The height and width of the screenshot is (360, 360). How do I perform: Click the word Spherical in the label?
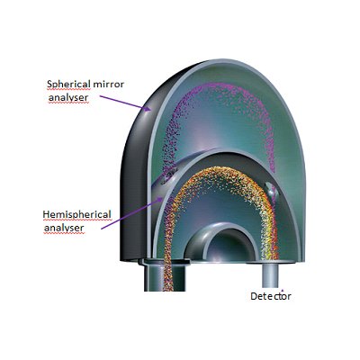click(68, 85)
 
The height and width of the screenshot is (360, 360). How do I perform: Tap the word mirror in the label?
click(109, 85)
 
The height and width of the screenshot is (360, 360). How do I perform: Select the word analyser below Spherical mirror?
click(68, 98)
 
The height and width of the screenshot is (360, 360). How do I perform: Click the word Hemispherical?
click(76, 214)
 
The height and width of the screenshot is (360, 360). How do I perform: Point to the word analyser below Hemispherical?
click(64, 228)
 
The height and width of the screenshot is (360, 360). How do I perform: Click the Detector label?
click(271, 296)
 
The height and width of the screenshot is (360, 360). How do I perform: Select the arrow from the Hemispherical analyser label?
click(131, 213)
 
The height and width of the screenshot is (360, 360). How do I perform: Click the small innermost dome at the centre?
click(221, 242)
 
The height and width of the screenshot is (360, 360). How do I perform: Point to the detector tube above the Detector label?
click(271, 275)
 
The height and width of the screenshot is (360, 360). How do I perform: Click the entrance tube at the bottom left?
click(165, 276)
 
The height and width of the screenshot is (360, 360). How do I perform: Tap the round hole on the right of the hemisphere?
click(272, 192)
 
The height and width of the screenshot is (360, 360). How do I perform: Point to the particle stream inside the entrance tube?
click(168, 276)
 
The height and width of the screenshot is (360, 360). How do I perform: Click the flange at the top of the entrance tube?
click(165, 262)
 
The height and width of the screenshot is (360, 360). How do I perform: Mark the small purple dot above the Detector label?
click(283, 290)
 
